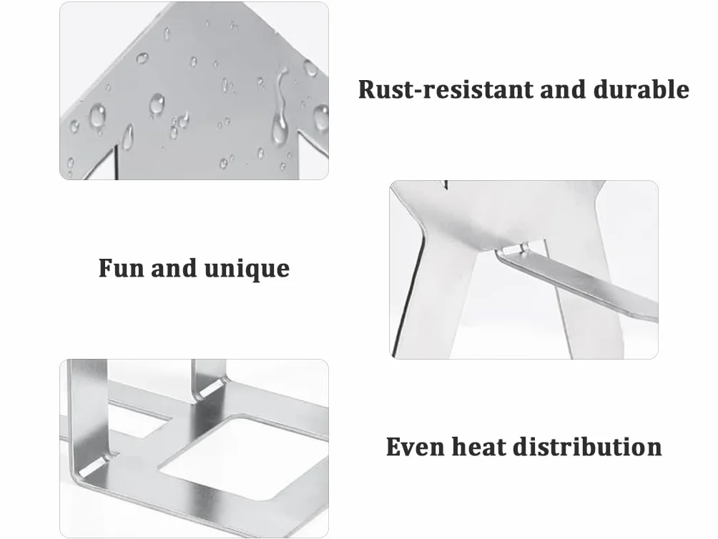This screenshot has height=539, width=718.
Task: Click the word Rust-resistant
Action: coord(446,89)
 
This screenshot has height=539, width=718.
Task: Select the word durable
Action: coord(641,89)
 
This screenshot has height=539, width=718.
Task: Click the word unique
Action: coord(247,269)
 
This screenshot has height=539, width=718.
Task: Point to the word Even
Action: coord(415,447)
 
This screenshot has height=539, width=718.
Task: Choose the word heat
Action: coord(478,447)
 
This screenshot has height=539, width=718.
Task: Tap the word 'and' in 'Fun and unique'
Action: coord(174,268)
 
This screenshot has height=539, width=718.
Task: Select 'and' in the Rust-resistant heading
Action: coord(564,89)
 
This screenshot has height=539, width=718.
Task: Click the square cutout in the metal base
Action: coord(242,458)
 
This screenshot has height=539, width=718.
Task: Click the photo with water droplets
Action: coord(194,91)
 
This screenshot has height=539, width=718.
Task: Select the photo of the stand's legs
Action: coord(524,269)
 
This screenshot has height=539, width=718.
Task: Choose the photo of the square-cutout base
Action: coord(194,448)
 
